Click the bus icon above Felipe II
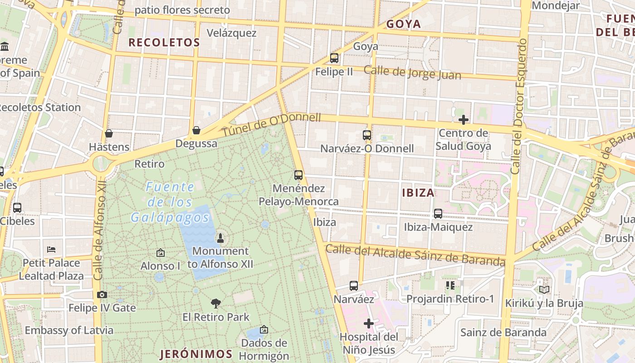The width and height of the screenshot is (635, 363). coord(334,58)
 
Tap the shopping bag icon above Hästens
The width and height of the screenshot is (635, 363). coord(109,133)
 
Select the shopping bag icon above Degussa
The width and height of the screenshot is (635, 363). coord(196,130)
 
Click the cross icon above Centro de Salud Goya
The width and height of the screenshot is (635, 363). coord(464,120)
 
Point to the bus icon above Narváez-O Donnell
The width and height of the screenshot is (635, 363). coord(367,135)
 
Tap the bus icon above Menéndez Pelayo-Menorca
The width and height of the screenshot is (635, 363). coord(298,175)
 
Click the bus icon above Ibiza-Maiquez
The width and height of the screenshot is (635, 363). coord(438,213)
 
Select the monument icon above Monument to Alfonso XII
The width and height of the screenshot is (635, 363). coord(220,238)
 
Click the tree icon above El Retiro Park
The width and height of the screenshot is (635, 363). coord(216,303)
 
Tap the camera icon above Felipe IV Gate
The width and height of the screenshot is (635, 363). coord(102,294)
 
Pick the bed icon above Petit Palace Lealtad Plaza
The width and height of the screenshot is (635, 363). coord(51,250)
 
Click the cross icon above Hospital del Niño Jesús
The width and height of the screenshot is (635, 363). coord(369,324)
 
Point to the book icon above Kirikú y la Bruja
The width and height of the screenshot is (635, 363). coord(544,289)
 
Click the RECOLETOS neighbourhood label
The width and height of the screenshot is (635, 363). coord(164,43)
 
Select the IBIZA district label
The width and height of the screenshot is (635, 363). coord(418,193)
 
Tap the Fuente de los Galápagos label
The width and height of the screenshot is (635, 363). coord(170,202)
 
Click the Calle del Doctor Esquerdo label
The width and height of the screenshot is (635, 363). coord(519,106)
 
